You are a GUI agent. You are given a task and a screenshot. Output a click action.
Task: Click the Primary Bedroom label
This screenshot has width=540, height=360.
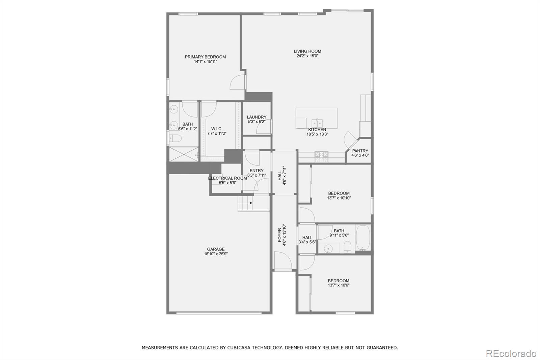click(x=205, y=57)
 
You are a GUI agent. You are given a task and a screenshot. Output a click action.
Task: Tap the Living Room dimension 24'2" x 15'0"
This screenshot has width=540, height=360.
click(x=307, y=56)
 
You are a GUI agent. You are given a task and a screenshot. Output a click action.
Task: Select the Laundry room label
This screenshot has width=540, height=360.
click(x=256, y=117)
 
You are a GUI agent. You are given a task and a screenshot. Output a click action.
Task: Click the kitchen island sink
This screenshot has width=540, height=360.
click(x=317, y=123)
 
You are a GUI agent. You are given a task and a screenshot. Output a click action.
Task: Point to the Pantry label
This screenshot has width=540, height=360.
click(x=360, y=151)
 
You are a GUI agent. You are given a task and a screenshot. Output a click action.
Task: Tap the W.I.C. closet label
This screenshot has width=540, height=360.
click(x=217, y=129)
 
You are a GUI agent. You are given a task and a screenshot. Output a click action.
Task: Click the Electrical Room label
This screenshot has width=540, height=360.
click(x=227, y=178)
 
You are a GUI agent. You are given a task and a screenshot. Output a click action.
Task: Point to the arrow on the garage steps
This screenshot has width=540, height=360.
click(x=251, y=203)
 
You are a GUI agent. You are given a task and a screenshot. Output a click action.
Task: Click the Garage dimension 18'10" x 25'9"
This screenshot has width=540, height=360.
click(x=216, y=254)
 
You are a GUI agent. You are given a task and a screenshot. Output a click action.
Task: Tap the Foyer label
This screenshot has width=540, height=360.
click(x=280, y=235)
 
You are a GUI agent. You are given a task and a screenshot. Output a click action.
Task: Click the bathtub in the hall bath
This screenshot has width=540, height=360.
click(x=363, y=237)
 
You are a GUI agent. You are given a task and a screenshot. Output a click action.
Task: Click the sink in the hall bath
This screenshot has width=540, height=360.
click(x=328, y=249)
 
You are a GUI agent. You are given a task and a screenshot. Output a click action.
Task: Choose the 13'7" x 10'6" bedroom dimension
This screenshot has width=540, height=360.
click(x=339, y=285)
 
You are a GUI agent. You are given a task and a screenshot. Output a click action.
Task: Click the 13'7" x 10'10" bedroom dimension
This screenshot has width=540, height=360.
click(x=339, y=198)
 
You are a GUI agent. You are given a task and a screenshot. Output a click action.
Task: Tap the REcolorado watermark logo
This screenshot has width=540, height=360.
click(x=511, y=354)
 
